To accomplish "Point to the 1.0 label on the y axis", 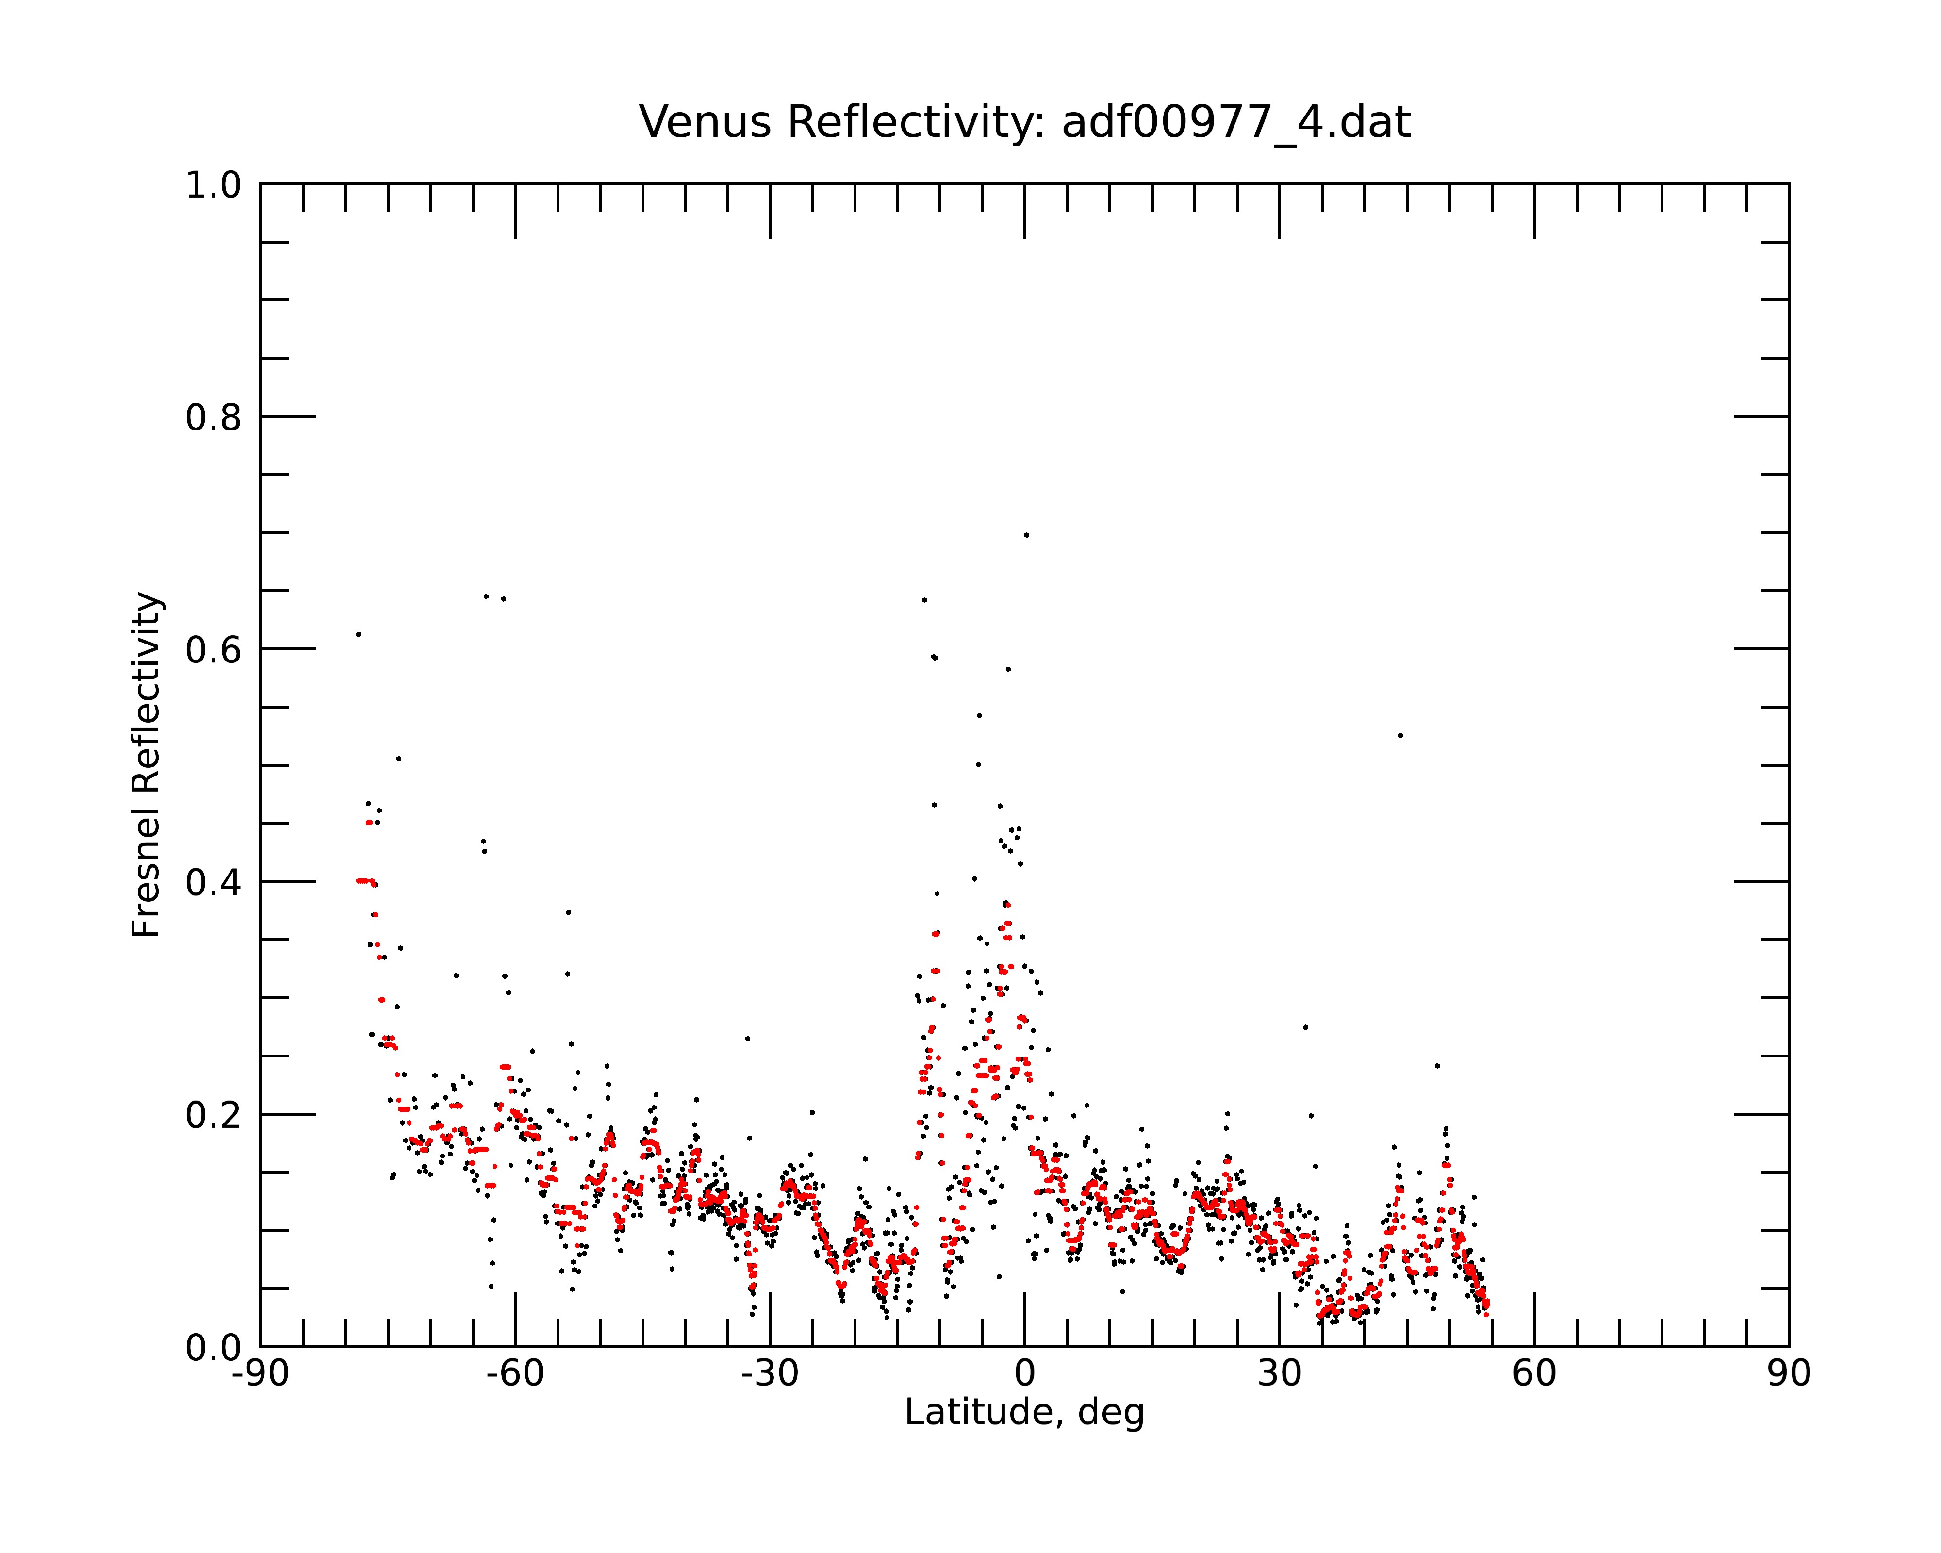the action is tap(214, 185).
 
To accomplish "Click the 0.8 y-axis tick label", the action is tap(214, 418).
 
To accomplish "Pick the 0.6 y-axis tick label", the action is tap(214, 650).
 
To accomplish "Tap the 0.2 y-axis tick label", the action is tap(214, 1115).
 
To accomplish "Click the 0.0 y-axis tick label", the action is tap(214, 1348).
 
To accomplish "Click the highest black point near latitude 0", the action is tap(1026, 535).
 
